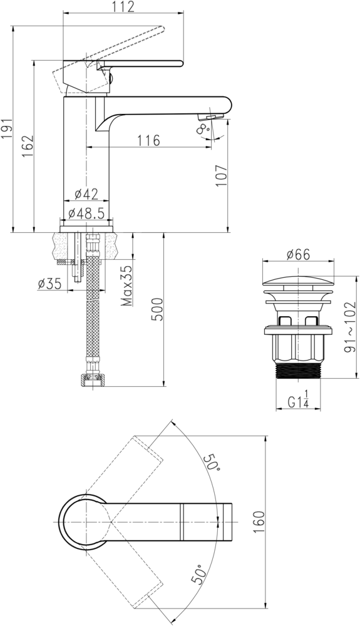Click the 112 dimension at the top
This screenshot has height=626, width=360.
pos(123,7)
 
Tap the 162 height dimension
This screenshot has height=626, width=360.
pos(28,146)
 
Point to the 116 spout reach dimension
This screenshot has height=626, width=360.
pos(149,140)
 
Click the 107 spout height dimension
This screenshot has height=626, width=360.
pos(221,175)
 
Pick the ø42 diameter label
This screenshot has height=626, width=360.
pos(86,194)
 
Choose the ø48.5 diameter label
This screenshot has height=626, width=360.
pos(86,213)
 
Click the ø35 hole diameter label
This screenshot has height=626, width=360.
pos(50,284)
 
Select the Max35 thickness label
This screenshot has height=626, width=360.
pos(127,286)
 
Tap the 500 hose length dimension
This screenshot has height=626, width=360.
pos(157,309)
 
